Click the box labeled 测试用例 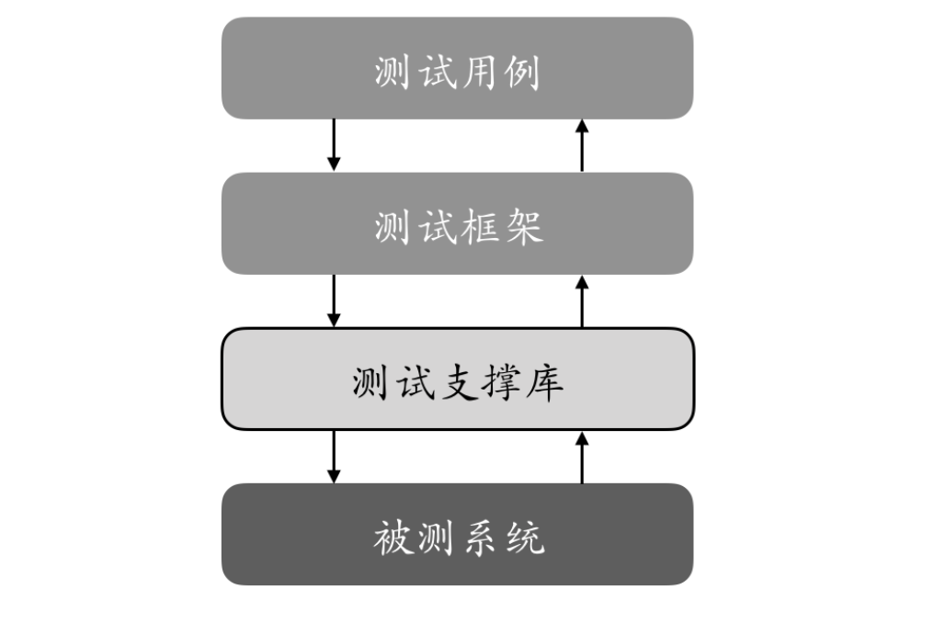click(458, 68)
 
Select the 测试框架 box click(458, 223)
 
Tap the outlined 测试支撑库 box click(458, 379)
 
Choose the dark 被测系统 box click(458, 534)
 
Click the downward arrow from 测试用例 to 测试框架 click(334, 145)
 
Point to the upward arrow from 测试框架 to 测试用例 click(582, 145)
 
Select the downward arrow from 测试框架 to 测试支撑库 click(334, 301)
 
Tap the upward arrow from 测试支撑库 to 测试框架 click(582, 301)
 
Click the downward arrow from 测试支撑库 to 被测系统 click(334, 457)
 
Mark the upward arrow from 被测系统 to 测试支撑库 click(582, 457)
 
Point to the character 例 click(522, 73)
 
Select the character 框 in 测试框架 click(480, 227)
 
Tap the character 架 click(524, 227)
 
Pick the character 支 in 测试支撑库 click(458, 382)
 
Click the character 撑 click(501, 382)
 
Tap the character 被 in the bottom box click(393, 538)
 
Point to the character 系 click(481, 538)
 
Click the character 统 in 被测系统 click(525, 538)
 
